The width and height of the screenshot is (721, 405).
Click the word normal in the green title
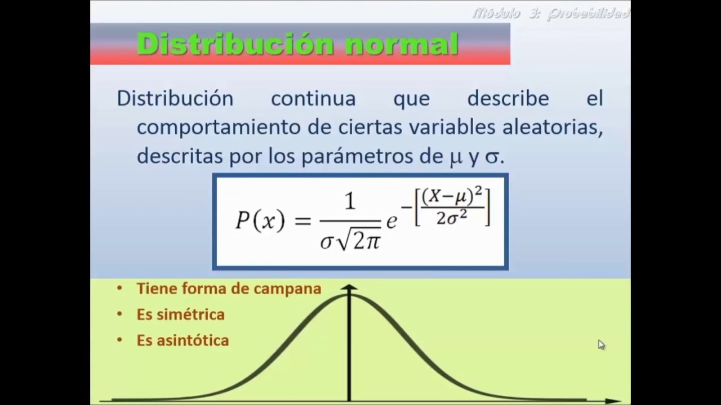pos(402,44)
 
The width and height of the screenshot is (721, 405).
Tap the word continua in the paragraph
pos(313,98)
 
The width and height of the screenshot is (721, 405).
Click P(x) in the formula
pos(260,220)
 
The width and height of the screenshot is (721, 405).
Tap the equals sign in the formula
pos(302,220)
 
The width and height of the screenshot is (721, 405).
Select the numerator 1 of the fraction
pos(350,201)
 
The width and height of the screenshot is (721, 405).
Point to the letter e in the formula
pos(391,221)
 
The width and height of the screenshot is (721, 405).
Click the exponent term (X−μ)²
pos(452,196)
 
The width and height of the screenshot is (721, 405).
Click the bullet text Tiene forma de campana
pos(229,289)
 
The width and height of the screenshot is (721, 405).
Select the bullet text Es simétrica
pos(180,314)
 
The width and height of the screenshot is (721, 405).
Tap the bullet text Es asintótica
pos(183,340)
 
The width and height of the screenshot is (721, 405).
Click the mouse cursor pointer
pos(601,344)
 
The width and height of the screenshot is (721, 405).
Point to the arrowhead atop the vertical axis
pos(349,287)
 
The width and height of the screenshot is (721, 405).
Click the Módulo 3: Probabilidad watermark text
pos(551,13)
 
